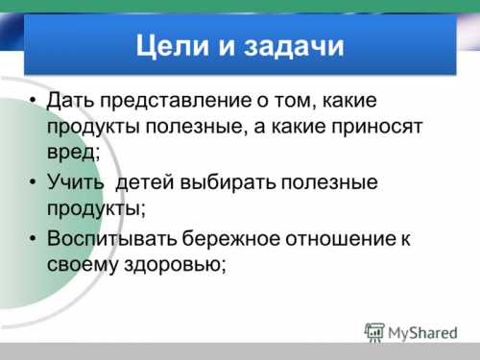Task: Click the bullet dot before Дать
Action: pos(32,101)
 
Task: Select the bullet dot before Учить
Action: pos(32,181)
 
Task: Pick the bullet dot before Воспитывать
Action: pos(32,237)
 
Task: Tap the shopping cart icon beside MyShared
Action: pos(375,332)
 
